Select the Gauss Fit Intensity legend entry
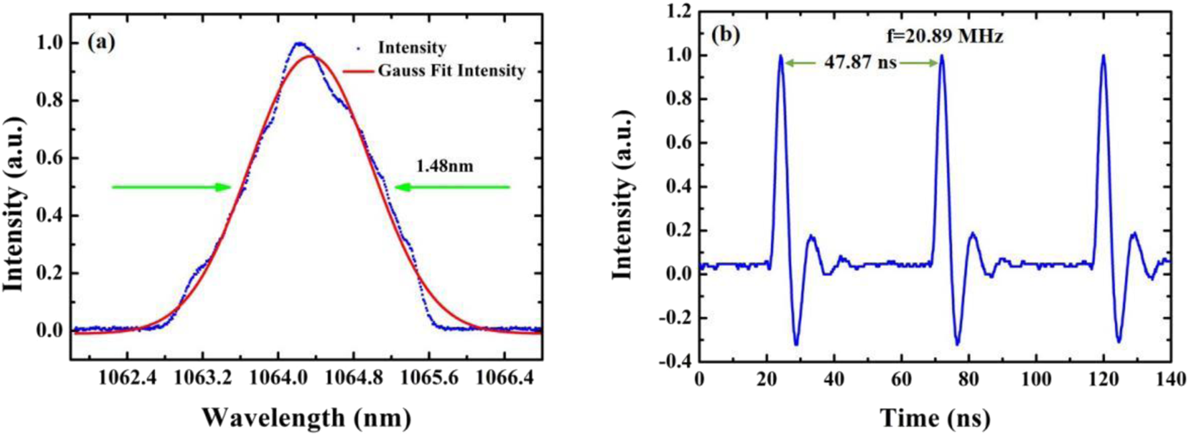coord(451,70)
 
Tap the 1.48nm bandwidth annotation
coord(444,166)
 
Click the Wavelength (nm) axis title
coord(306,418)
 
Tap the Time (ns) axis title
coord(935,418)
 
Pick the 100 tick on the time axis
coord(1036,379)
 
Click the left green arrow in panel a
coord(171,187)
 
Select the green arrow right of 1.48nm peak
coord(452,187)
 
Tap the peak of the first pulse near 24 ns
coord(780,56)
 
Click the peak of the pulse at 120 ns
coord(1103,56)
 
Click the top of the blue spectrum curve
coord(300,44)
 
